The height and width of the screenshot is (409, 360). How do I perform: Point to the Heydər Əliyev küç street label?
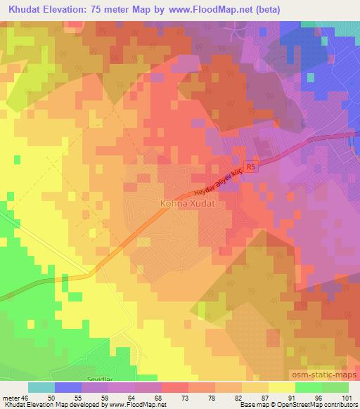219,181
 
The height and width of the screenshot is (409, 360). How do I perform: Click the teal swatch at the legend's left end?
41,387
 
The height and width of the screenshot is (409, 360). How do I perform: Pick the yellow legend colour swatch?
282,387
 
